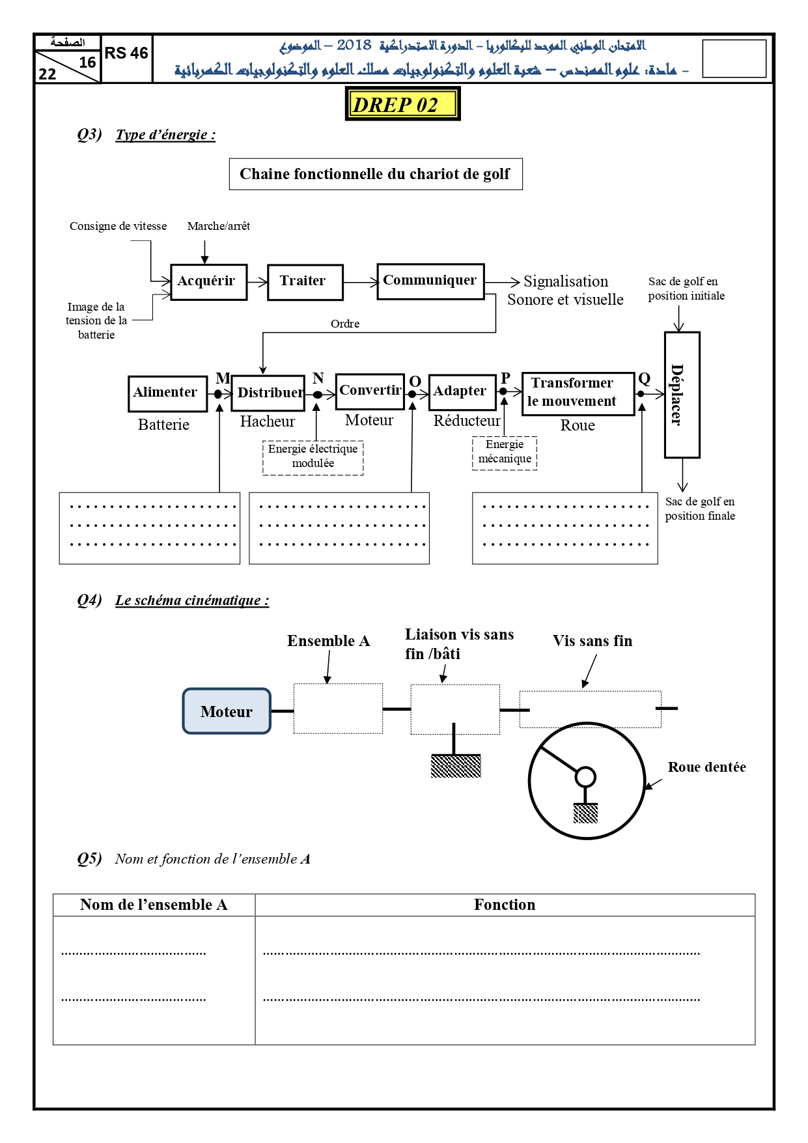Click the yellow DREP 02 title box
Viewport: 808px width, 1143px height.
click(x=402, y=104)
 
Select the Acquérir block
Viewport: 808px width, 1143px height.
click(x=208, y=282)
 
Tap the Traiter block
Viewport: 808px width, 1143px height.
click(x=305, y=282)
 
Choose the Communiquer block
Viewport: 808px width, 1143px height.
click(x=430, y=281)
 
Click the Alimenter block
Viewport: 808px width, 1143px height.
click(x=167, y=393)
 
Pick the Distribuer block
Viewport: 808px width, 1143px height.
click(x=268, y=393)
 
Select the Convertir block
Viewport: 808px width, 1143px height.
click(x=370, y=391)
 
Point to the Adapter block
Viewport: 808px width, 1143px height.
click(x=462, y=392)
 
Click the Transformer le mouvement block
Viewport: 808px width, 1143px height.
click(x=578, y=393)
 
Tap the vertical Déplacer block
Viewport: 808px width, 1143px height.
click(x=682, y=395)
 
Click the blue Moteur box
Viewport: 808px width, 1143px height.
click(x=227, y=711)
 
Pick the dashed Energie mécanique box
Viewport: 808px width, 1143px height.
click(x=504, y=453)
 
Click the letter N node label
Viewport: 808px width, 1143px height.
click(x=318, y=378)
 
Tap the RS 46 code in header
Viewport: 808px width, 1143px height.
click(x=126, y=53)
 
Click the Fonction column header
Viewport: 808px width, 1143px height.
click(x=505, y=905)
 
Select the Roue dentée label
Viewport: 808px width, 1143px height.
click(x=706, y=767)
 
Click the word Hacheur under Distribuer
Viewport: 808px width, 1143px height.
click(x=267, y=421)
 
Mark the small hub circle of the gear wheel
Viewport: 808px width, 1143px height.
click(x=585, y=777)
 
